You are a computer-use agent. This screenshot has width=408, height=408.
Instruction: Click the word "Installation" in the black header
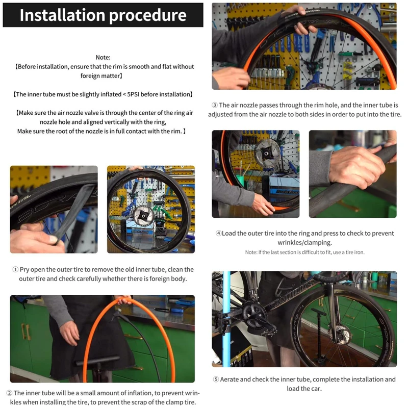62,15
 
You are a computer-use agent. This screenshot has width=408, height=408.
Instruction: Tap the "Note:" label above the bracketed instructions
103,57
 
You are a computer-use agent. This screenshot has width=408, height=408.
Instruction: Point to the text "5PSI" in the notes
133,94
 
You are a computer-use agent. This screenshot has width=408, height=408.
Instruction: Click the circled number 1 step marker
15,270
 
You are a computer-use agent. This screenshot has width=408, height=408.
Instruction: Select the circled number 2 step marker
9,393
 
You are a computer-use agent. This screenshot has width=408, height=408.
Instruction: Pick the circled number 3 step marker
214,105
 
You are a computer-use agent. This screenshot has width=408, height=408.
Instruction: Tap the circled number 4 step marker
219,234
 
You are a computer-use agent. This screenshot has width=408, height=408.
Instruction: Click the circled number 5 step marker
216,379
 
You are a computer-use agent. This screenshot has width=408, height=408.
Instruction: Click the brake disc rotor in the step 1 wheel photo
143,216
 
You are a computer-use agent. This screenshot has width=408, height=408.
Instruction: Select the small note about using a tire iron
304,252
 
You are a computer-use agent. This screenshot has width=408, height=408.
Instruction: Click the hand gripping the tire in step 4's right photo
356,167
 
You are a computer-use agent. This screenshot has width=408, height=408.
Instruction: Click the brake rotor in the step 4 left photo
267,154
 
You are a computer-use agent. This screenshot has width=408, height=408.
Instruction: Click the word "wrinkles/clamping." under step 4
304,243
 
